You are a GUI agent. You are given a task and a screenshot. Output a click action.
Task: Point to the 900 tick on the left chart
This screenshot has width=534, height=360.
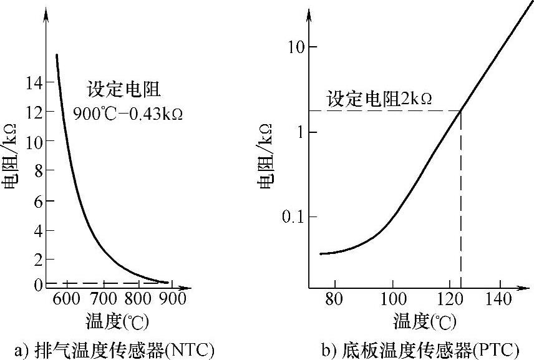[173, 299]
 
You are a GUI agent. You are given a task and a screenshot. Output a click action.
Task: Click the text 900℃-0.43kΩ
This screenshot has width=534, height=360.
[128, 115]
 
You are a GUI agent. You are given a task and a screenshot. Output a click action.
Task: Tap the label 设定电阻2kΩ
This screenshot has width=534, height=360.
[380, 99]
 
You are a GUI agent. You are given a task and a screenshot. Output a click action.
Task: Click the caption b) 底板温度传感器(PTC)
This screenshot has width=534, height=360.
[419, 348]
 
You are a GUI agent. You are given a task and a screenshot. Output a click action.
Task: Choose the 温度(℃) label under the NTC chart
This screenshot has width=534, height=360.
[117, 322]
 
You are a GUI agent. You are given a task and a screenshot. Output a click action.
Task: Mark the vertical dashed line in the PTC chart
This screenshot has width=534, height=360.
[461, 200]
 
